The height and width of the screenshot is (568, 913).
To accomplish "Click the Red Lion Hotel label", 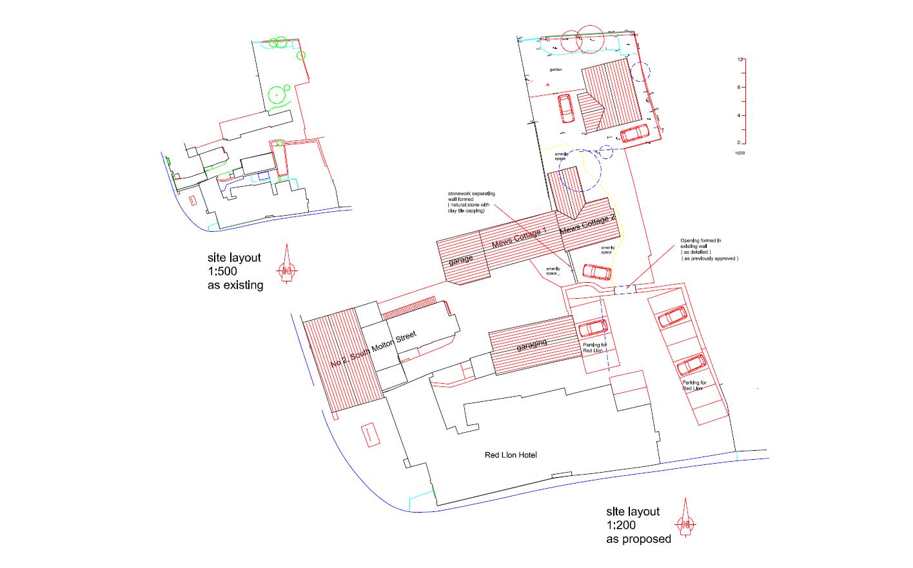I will point(511,455).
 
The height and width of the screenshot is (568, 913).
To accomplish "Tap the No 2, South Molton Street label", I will point(373,350).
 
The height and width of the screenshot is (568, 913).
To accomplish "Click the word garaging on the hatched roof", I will point(532,345).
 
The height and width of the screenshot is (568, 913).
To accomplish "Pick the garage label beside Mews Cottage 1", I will point(460,261).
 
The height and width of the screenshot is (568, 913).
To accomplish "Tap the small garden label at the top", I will point(556,69).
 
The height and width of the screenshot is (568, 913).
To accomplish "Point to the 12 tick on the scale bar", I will point(741,59).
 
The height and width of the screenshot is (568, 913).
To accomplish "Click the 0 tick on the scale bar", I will point(741,143).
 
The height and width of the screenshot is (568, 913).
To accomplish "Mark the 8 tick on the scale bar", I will point(741,87).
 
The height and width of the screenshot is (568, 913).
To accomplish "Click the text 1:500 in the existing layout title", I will point(223,271).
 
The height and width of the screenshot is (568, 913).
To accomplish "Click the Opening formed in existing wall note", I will point(709,250).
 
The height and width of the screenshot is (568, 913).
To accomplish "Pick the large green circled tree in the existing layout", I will point(277,96).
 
